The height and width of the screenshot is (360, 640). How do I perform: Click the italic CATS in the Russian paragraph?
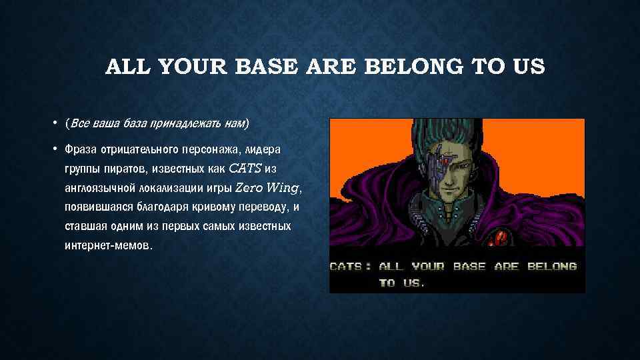coord(245,167)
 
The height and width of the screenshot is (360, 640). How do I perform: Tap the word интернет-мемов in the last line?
coord(108,245)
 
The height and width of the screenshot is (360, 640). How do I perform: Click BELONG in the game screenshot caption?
coord(552,266)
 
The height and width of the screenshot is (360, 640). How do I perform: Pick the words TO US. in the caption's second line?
coord(401,283)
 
